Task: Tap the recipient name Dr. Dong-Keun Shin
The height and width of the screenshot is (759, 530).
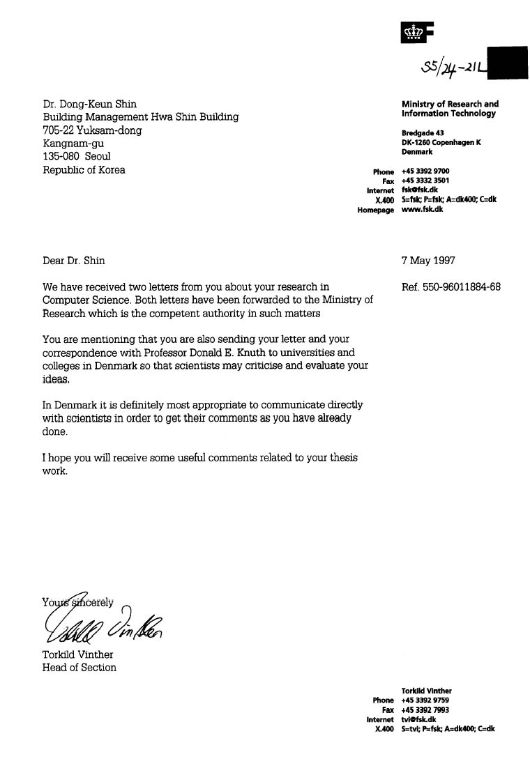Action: point(90,105)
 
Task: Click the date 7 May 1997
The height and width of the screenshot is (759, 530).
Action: point(428,261)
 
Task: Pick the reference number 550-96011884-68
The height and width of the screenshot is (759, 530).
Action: point(461,286)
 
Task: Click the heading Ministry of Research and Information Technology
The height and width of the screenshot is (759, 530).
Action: point(450,109)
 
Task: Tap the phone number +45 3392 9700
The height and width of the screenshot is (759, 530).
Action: point(425,171)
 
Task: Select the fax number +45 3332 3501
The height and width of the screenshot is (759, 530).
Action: point(425,181)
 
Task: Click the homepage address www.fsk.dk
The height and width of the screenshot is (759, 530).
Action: point(423,209)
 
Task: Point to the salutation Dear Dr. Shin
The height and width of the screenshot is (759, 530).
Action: point(74,261)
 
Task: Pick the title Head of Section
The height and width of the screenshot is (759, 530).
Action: point(79,668)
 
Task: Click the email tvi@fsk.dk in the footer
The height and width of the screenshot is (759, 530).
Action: point(419,719)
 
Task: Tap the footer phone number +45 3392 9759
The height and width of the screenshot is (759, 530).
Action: point(425,700)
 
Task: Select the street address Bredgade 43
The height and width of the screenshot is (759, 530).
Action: point(423,133)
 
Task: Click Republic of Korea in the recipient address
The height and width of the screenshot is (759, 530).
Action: point(84,169)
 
